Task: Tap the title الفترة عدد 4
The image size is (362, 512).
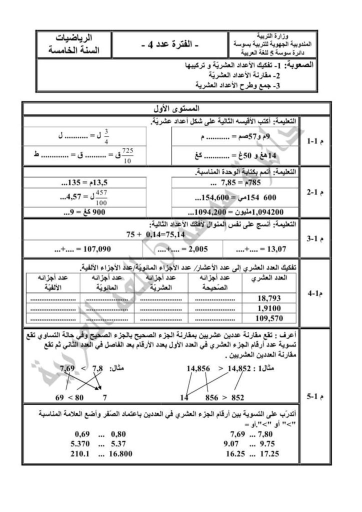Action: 169,45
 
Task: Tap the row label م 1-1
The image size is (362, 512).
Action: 315,142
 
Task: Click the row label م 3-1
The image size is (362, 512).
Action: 315,238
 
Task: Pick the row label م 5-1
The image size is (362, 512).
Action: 315,397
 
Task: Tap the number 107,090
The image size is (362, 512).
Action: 94,248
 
